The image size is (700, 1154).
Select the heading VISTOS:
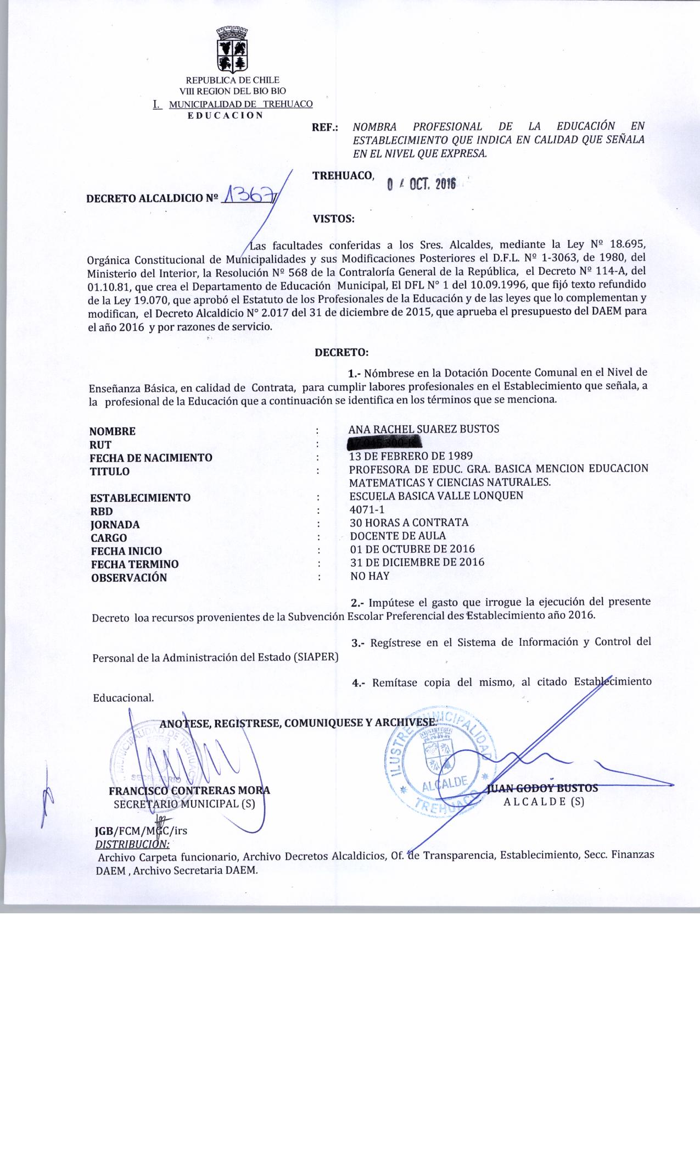point(333,219)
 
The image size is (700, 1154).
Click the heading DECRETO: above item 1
point(341,352)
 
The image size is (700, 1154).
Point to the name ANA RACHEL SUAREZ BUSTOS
point(424,429)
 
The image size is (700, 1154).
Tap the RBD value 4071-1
point(367,509)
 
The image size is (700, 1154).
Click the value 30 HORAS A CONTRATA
point(409,522)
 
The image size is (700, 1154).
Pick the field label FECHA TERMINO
point(135,564)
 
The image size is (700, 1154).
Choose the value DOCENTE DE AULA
point(398,536)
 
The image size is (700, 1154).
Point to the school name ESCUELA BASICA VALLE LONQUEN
point(436,495)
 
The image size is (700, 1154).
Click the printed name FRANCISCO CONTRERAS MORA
point(189,791)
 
